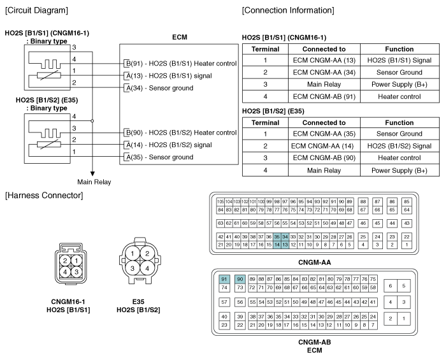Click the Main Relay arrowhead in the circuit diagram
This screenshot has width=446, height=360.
pyautogui.click(x=92, y=174)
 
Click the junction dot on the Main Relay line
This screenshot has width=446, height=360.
pyautogui.click(x=92, y=121)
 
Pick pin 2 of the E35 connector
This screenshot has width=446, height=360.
pyautogui.click(x=147, y=254)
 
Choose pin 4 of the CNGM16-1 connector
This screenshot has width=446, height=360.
pyautogui.click(x=65, y=272)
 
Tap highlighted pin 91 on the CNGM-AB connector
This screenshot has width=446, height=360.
pyautogui.click(x=224, y=279)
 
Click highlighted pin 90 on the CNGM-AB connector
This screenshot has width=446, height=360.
pyautogui.click(x=240, y=279)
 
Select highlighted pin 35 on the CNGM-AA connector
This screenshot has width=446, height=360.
pyautogui.click(x=277, y=237)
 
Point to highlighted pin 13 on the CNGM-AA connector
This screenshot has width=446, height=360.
pyautogui.click(x=285, y=245)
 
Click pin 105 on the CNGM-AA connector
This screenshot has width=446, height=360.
pyautogui.click(x=220, y=202)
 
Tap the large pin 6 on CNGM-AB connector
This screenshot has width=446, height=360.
pyautogui.click(x=390, y=286)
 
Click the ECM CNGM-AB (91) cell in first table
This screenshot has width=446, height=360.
pyautogui.click(x=324, y=97)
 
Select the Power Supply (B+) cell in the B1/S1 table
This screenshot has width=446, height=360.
pyautogui.click(x=399, y=85)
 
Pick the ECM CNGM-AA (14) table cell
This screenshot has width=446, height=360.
pyautogui.click(x=322, y=146)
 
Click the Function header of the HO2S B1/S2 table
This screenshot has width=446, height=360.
pyautogui.click(x=399, y=122)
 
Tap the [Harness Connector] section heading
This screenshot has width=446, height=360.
pyautogui.click(x=44, y=196)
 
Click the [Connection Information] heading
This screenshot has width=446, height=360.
pyautogui.click(x=288, y=11)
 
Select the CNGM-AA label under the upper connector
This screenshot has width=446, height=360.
pyautogui.click(x=315, y=263)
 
